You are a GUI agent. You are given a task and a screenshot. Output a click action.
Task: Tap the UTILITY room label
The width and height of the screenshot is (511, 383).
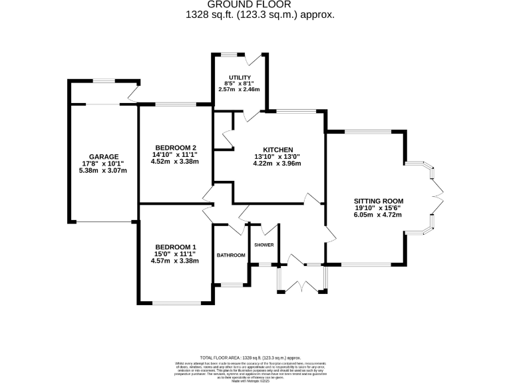239,78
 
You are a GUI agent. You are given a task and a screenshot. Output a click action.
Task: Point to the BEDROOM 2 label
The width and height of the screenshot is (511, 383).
176,147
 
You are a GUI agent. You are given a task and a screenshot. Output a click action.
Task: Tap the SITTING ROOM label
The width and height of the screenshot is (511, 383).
379,200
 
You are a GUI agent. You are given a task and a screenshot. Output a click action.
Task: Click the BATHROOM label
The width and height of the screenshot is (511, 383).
231,255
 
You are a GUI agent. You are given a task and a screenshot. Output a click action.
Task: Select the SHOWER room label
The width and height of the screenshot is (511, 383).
264,245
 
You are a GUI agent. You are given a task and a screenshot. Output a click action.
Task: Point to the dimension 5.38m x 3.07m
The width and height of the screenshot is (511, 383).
103,171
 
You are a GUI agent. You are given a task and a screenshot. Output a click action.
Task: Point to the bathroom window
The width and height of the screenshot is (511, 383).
232,285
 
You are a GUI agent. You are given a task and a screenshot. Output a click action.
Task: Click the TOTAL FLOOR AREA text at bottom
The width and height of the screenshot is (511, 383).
255,358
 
